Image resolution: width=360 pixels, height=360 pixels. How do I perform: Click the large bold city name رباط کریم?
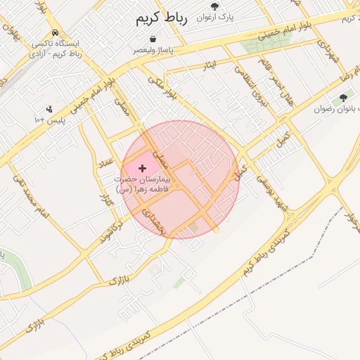(162, 19)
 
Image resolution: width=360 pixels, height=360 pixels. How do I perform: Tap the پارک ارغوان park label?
(215, 15)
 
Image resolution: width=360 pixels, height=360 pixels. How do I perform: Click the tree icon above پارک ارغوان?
(215, 6)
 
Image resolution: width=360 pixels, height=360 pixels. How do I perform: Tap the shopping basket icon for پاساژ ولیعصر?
(153, 39)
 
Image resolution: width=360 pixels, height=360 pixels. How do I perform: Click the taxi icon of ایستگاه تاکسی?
(55, 33)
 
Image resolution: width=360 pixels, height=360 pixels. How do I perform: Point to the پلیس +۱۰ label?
(49, 120)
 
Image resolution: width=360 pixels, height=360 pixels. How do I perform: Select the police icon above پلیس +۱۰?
(49, 109)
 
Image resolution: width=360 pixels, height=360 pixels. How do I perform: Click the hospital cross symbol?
(143, 168)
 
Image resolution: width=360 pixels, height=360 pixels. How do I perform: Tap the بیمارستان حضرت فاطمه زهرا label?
(148, 184)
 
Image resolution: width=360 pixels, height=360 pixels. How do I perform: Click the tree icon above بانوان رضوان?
(343, 98)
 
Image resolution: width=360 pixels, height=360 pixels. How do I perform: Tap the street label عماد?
(107, 162)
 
